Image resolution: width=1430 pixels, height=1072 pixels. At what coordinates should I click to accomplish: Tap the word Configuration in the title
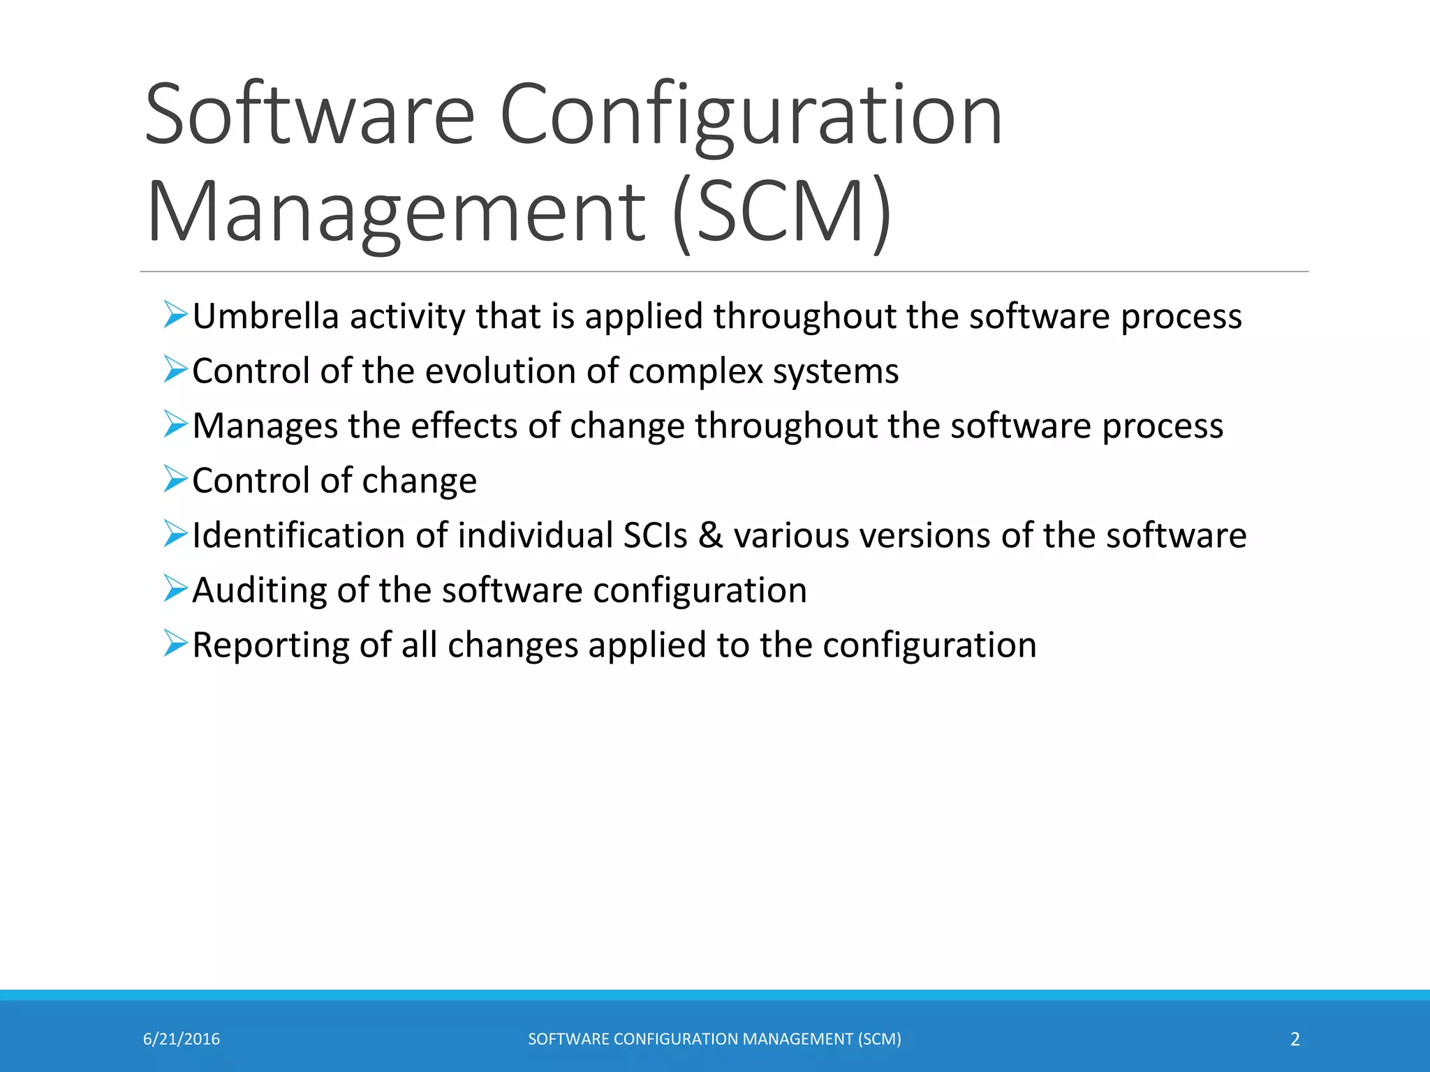click(x=751, y=115)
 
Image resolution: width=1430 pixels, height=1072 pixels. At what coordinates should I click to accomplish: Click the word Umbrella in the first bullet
click(x=265, y=316)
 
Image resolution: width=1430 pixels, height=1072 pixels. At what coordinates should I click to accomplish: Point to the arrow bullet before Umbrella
click(x=175, y=314)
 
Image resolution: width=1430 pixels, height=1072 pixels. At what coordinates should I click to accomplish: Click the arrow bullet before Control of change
click(x=175, y=479)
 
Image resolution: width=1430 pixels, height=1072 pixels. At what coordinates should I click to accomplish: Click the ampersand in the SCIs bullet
click(x=710, y=535)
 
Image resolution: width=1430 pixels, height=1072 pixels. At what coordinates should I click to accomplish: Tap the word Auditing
click(x=259, y=590)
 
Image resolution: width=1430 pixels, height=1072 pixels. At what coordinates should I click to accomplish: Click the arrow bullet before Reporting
click(x=175, y=643)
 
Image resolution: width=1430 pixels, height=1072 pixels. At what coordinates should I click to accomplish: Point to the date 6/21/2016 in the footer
click(x=182, y=1039)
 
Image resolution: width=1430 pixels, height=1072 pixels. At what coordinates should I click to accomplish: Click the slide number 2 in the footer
click(x=1295, y=1039)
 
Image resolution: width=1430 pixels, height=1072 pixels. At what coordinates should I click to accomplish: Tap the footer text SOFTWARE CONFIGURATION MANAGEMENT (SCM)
click(x=714, y=1039)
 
